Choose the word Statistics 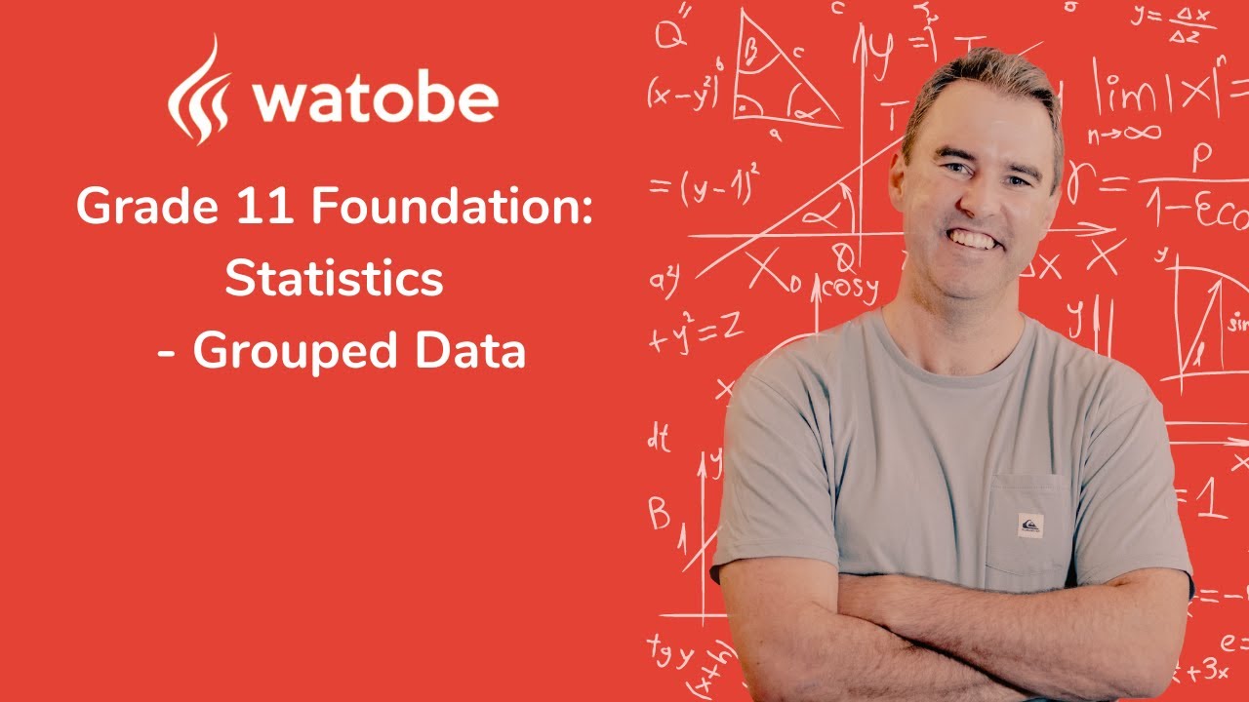(334, 279)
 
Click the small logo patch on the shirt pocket (1029, 525)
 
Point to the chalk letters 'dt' (660, 439)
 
